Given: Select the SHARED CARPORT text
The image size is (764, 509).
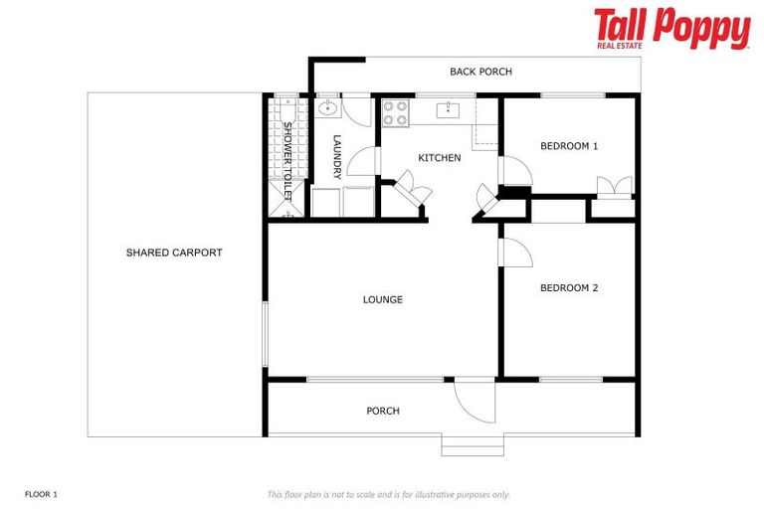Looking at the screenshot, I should pyautogui.click(x=174, y=253).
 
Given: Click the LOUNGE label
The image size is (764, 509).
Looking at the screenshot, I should pyautogui.click(x=382, y=299).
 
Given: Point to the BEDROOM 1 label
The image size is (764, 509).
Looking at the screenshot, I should pyautogui.click(x=569, y=146).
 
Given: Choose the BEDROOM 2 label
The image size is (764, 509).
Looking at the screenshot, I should pyautogui.click(x=569, y=288).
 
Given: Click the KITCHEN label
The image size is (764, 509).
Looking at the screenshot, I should pyautogui.click(x=439, y=158).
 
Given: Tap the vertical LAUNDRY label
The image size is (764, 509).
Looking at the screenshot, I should pyautogui.click(x=337, y=157).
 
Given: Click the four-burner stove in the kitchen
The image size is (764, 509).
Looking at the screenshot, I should pyautogui.click(x=396, y=112).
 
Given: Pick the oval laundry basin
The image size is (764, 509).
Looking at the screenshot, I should pyautogui.click(x=329, y=108).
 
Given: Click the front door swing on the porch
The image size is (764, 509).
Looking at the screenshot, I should pyautogui.click(x=474, y=399).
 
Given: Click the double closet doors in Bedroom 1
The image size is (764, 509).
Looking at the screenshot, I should pyautogui.click(x=613, y=187).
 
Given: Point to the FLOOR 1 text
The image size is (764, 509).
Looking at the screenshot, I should pyautogui.click(x=42, y=493).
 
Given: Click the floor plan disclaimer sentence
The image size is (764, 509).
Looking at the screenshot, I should pyautogui.click(x=389, y=494).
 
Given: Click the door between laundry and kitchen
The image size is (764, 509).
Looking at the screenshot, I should pyautogui.click(x=363, y=162).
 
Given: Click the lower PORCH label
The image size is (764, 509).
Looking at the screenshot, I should pyautogui.click(x=382, y=411).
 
